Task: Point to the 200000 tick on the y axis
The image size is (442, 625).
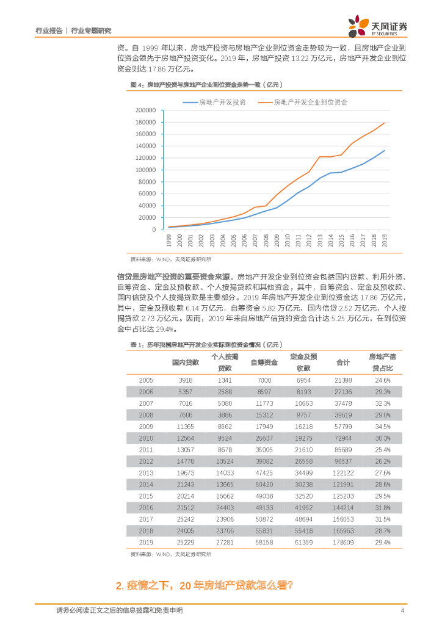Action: click(x=145, y=110)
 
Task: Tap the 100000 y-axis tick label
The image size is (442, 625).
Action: click(x=145, y=170)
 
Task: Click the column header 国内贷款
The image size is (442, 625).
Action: click(x=185, y=363)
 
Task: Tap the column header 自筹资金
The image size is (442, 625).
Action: click(x=264, y=363)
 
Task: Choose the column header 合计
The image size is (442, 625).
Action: click(x=343, y=363)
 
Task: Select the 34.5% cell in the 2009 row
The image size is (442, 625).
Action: click(x=382, y=425)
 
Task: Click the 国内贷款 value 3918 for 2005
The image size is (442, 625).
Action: click(x=185, y=380)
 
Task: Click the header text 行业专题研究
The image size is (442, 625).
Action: click(x=91, y=31)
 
